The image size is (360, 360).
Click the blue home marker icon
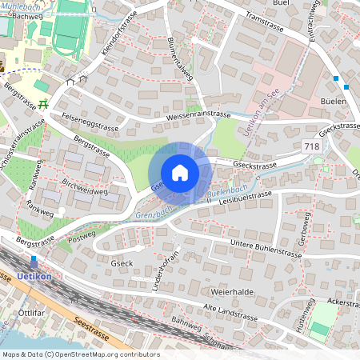tap(180, 173)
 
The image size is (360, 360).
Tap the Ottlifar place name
tap(31, 313)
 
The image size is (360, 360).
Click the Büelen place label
tap(333, 102)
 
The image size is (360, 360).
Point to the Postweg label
tap(82, 235)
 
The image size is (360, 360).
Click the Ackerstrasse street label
tap(342, 304)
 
